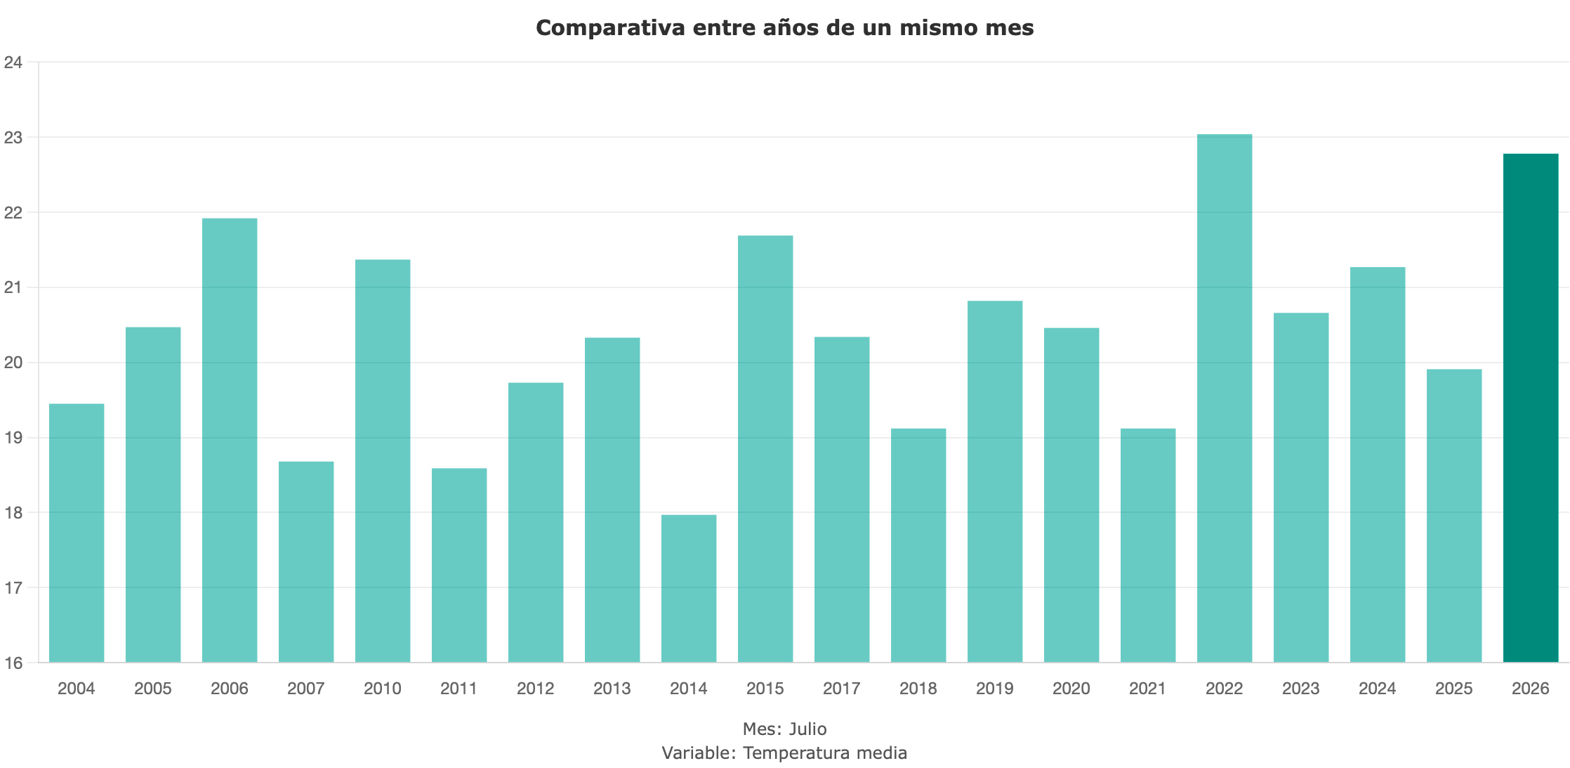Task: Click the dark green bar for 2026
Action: (1531, 408)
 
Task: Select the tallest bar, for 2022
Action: (1225, 398)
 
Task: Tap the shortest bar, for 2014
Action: (689, 588)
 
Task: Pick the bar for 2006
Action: (230, 440)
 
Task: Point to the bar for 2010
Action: (383, 461)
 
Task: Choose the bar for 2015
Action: (765, 448)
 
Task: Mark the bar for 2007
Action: (306, 561)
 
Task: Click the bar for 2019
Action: (995, 481)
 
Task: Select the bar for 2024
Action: (1378, 464)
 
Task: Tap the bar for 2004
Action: (77, 533)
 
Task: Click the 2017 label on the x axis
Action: (842, 689)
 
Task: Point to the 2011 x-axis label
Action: (459, 689)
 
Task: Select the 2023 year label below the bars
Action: (1301, 689)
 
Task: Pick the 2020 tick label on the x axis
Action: (1071, 689)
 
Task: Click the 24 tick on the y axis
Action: (13, 63)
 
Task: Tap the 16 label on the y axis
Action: (13, 663)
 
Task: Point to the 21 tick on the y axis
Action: (13, 287)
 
